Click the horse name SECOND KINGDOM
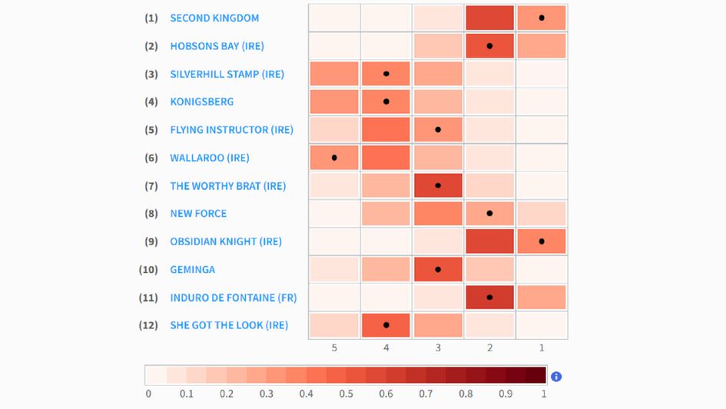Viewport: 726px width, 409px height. point(214,18)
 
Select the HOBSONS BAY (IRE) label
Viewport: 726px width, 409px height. point(217,46)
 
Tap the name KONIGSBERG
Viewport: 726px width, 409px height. point(201,101)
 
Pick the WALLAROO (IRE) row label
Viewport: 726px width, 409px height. point(209,158)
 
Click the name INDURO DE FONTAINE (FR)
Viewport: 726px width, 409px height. point(233,298)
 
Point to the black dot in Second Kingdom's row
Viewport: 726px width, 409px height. point(542,18)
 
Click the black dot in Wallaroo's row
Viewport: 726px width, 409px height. point(334,158)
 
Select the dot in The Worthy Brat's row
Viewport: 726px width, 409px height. point(438,185)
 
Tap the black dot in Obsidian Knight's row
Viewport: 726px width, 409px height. point(542,241)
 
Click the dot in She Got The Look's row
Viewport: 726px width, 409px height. point(386,325)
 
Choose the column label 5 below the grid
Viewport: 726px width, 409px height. point(334,348)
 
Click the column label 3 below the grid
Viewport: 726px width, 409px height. point(438,348)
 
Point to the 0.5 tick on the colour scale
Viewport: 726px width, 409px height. point(346,394)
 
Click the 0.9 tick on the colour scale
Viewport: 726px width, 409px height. point(506,394)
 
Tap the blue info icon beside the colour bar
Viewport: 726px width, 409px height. point(556,376)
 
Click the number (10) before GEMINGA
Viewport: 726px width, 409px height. point(149,270)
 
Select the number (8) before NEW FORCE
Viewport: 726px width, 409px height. point(151,214)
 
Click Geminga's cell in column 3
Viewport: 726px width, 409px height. point(438,270)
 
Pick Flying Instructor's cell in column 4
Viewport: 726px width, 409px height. point(386,130)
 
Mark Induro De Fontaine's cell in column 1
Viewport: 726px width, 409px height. point(542,298)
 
